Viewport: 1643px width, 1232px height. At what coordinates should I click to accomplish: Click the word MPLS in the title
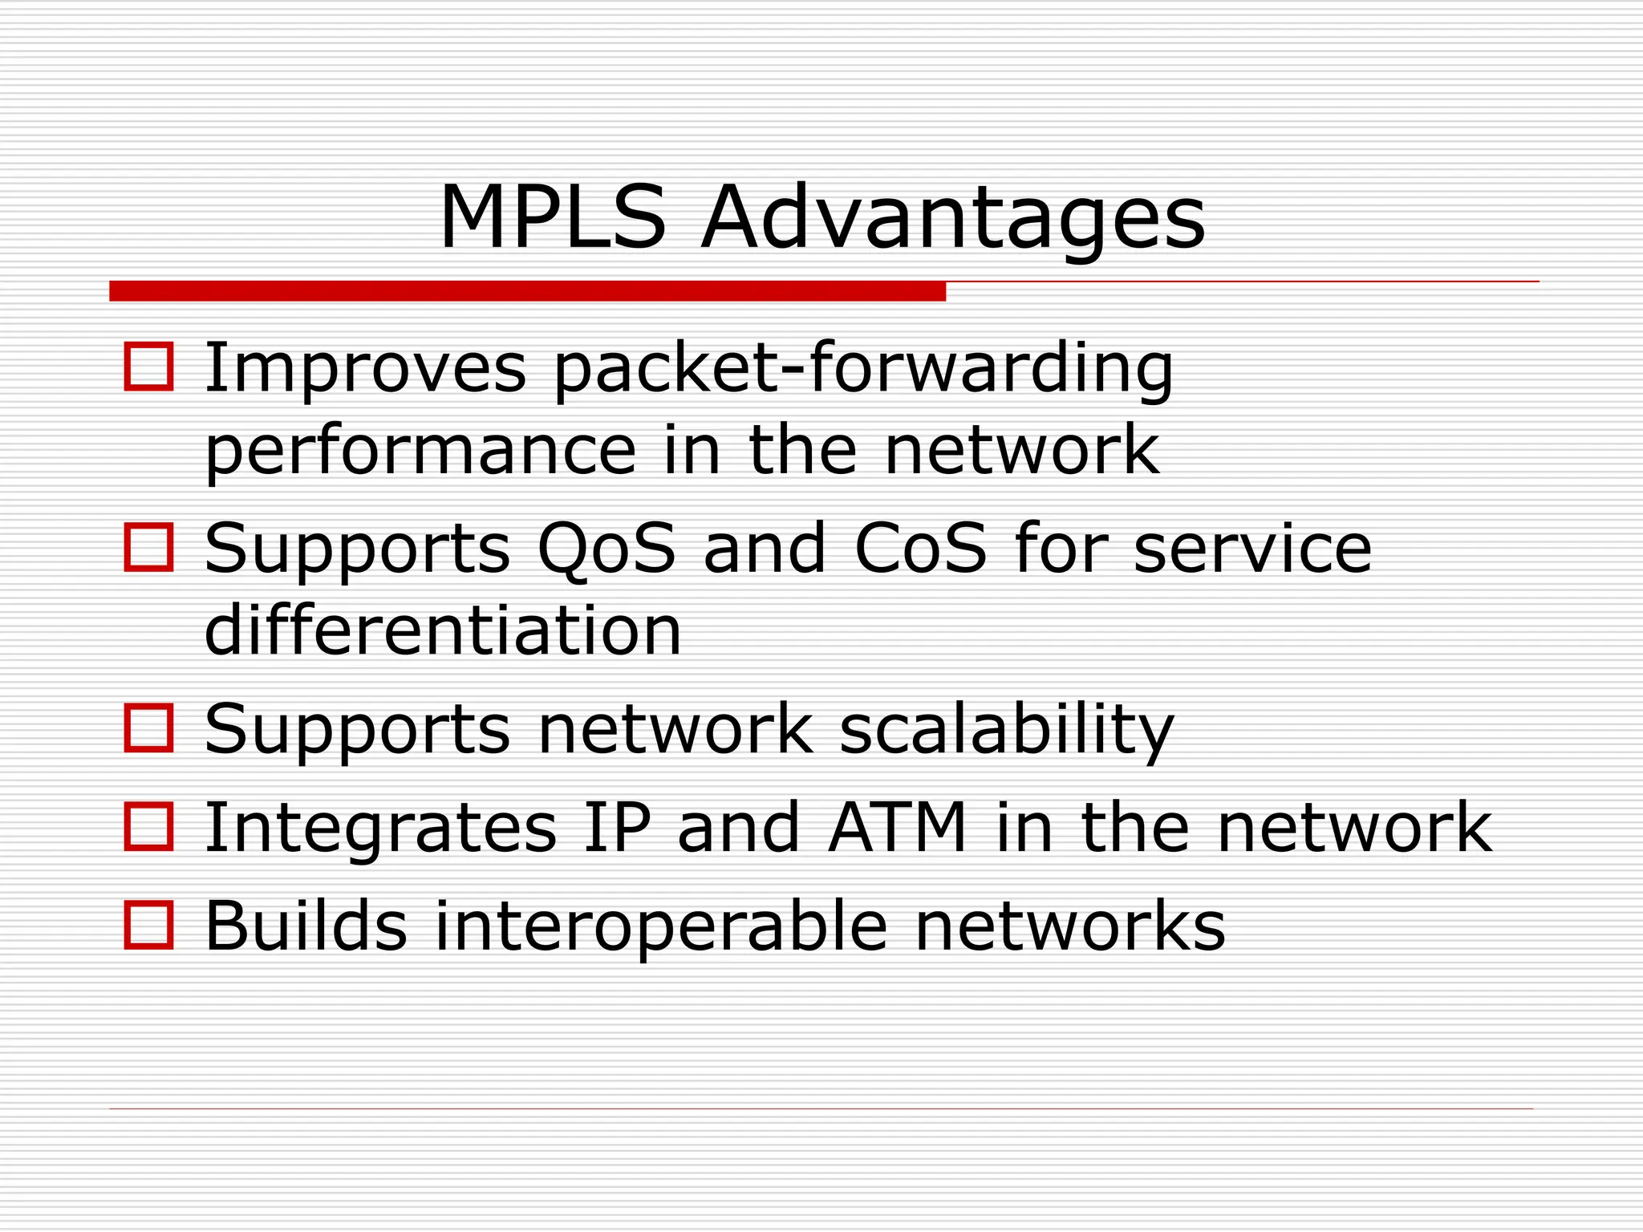click(553, 217)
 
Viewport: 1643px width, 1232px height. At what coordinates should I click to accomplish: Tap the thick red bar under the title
click(527, 291)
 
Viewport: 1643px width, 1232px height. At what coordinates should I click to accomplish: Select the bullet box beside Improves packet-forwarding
click(149, 367)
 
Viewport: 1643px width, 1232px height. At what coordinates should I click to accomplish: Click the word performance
click(420, 451)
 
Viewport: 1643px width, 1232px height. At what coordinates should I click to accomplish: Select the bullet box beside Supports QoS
click(149, 548)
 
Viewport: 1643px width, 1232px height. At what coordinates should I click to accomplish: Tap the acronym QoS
click(606, 549)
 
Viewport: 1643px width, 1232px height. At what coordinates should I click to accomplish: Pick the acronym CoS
click(920, 549)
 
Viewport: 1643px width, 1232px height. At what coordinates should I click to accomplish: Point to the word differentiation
click(443, 630)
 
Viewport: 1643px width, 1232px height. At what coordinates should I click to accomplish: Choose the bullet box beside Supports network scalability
click(149, 728)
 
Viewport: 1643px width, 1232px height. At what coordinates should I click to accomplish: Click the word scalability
click(1006, 730)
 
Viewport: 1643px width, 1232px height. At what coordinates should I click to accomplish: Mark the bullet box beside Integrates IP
click(149, 826)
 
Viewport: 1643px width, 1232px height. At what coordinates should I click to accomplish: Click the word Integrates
click(380, 829)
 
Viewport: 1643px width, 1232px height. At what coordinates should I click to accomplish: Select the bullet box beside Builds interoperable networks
click(149, 926)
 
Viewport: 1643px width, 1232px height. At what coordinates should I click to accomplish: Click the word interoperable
click(661, 927)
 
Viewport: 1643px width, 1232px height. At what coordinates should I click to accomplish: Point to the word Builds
click(306, 926)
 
